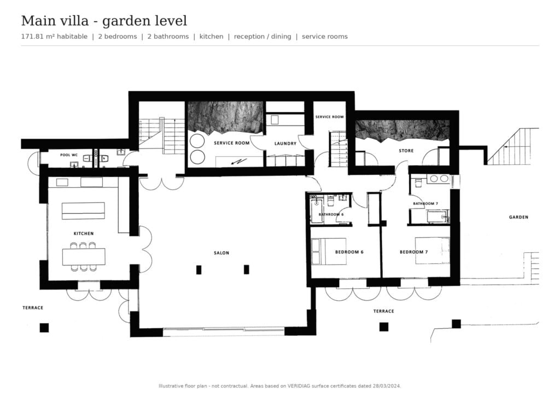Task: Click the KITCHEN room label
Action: pyautogui.click(x=84, y=234)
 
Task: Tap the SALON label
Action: pyautogui.click(x=221, y=253)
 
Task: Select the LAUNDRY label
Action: pyautogui.click(x=285, y=144)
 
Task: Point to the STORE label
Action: pyautogui.click(x=406, y=151)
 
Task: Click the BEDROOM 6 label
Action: pyautogui.click(x=349, y=252)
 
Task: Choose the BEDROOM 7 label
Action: pyautogui.click(x=413, y=252)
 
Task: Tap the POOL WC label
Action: pyautogui.click(x=69, y=155)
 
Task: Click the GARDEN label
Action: pyautogui.click(x=518, y=217)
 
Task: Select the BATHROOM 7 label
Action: pyautogui.click(x=425, y=204)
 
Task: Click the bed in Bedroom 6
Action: pyautogui.click(x=329, y=251)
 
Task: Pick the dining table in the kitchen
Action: pyautogui.click(x=84, y=257)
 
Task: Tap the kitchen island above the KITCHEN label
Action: pyautogui.click(x=83, y=210)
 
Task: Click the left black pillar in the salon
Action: pyautogui.click(x=199, y=270)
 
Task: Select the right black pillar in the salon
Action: pyautogui.click(x=247, y=270)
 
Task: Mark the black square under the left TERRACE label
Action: pyautogui.click(x=44, y=328)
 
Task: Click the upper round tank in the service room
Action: pyautogui.click(x=197, y=141)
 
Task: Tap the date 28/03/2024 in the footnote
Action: pyautogui.click(x=387, y=386)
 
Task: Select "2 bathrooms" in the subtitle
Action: pyautogui.click(x=168, y=37)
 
